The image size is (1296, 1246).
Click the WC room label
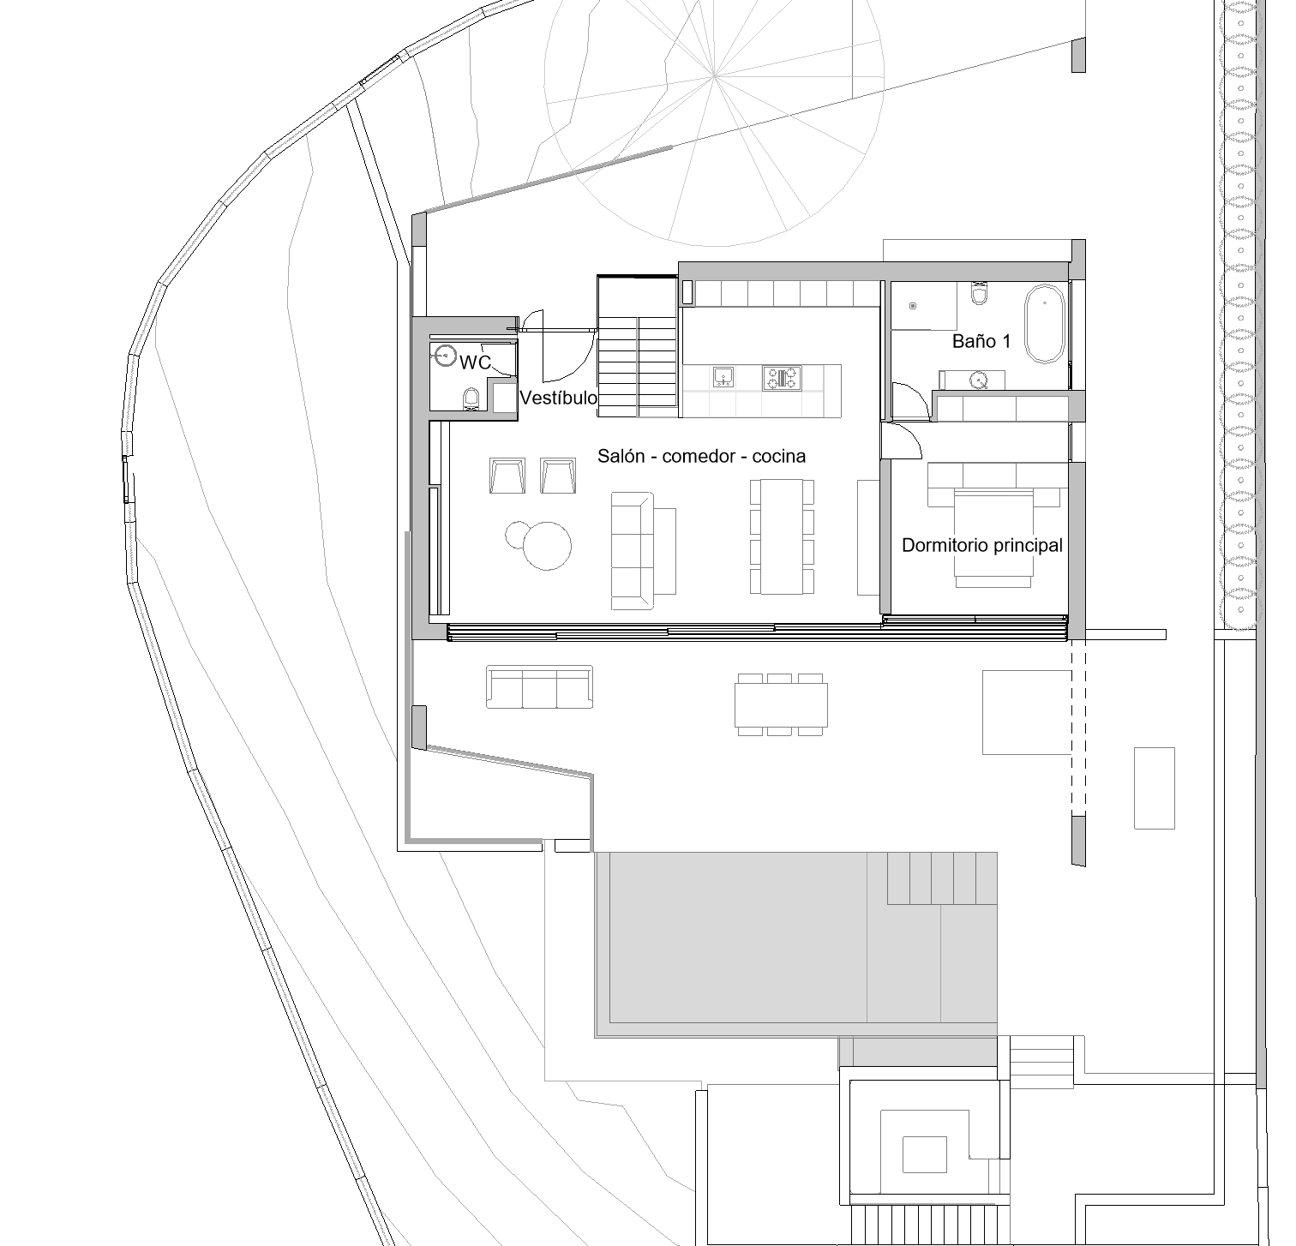pos(475,363)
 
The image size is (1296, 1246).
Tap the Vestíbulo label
pos(558,398)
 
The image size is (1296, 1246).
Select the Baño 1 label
pos(981,341)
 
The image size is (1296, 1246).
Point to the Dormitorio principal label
pos(982,545)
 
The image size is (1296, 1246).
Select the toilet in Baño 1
pos(980,293)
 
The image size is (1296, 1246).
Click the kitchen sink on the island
pos(722,377)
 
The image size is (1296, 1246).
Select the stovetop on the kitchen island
pos(784,377)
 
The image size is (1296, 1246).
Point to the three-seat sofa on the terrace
pos(539,687)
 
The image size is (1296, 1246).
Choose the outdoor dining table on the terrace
pos(782,704)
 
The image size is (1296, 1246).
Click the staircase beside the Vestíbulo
pos(639,347)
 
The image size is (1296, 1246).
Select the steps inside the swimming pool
pos(942,878)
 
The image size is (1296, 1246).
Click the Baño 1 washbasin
pos(978,380)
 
